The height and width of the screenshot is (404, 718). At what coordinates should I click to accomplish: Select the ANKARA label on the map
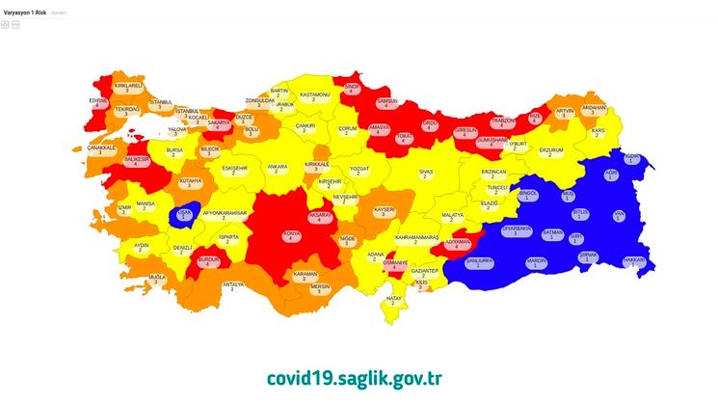coord(278,170)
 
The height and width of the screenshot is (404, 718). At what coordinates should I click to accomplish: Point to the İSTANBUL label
coord(161,103)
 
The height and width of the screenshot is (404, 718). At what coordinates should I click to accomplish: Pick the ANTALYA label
coord(233,286)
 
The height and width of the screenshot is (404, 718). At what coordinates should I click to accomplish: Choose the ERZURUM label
coord(550,153)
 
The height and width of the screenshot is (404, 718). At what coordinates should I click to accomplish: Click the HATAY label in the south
coord(394,301)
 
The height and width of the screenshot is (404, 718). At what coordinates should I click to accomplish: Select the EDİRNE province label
coord(97,102)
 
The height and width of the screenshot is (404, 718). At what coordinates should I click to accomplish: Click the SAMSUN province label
coord(387,103)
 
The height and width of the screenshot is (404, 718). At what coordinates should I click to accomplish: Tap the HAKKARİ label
coord(632,261)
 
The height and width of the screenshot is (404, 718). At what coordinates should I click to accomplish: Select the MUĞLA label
coord(157,280)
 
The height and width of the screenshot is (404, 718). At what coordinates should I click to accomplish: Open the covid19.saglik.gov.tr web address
coord(356,377)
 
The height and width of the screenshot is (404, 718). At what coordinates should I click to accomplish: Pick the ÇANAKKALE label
coord(101,150)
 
